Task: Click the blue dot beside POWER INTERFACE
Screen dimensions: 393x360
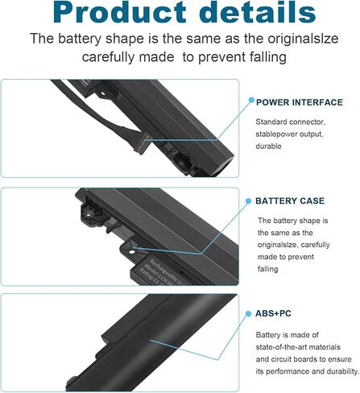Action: (249, 102)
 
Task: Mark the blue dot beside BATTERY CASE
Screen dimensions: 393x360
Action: (249, 200)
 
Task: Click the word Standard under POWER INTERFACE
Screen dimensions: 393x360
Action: (275, 122)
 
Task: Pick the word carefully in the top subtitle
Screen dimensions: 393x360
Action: (114, 57)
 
